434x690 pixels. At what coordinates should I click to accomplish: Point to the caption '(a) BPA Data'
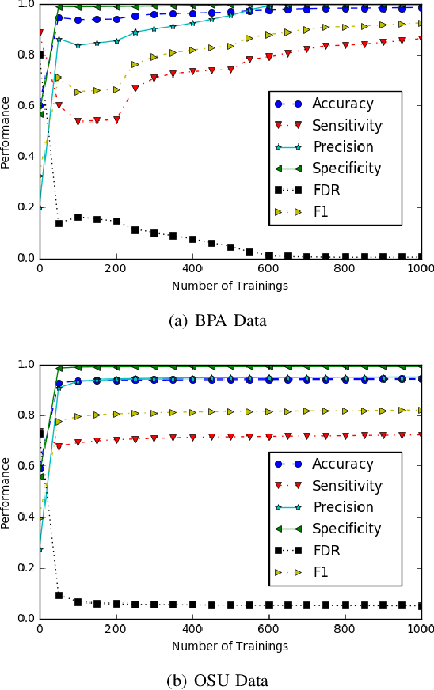tap(217, 320)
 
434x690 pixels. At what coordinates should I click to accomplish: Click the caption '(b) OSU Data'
tap(217, 681)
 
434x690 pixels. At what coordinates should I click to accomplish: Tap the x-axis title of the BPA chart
tap(230, 286)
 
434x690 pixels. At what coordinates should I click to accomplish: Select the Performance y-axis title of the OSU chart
tap(7, 491)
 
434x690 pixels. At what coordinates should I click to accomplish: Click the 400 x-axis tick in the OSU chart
tap(192, 629)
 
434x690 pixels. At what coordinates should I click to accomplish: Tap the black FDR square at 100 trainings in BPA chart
tap(78, 217)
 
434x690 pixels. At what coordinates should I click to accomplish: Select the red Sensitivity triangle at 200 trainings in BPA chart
tap(116, 119)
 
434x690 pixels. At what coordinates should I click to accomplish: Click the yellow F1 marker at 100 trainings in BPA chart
tap(78, 93)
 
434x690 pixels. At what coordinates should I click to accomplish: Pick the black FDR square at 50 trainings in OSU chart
tap(59, 595)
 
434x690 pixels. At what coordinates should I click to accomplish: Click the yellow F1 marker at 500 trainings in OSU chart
tap(230, 411)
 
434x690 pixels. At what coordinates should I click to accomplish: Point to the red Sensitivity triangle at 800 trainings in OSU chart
tap(345, 435)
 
